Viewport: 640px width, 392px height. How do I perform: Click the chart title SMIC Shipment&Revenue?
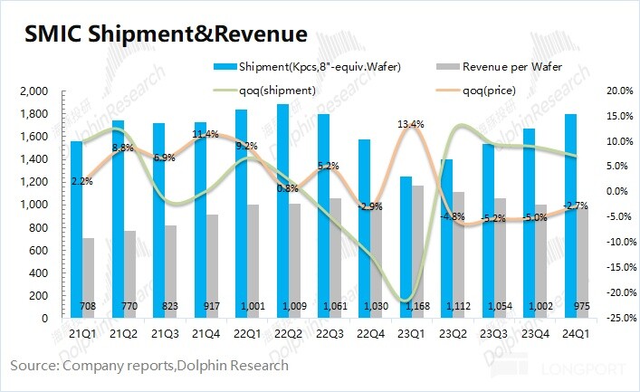click(165, 34)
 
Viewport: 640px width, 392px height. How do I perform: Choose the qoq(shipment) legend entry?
click(277, 89)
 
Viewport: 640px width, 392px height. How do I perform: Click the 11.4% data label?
click(205, 135)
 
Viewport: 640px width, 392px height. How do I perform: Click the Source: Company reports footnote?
click(149, 366)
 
